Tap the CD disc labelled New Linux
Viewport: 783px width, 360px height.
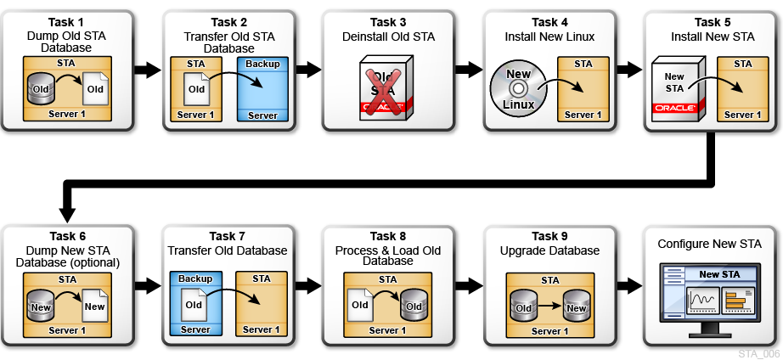[518, 87]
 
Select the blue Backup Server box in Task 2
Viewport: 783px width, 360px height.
[262, 89]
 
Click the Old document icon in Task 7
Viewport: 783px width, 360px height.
[194, 304]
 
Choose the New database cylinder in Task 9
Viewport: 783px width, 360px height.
[576, 307]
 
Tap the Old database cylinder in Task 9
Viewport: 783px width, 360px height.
[522, 307]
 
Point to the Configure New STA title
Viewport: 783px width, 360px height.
[710, 244]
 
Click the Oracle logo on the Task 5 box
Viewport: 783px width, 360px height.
[676, 108]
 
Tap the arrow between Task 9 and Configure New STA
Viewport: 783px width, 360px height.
[631, 285]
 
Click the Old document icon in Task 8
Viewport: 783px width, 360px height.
[360, 305]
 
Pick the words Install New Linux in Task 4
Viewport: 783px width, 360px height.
[549, 37]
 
